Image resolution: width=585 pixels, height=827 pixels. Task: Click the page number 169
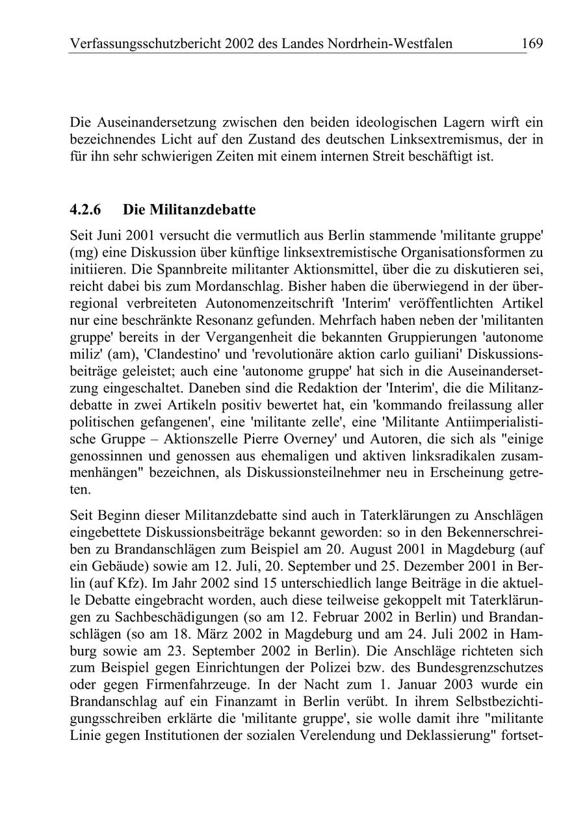click(x=532, y=44)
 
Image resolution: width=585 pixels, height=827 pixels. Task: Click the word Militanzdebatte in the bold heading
click(x=202, y=210)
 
